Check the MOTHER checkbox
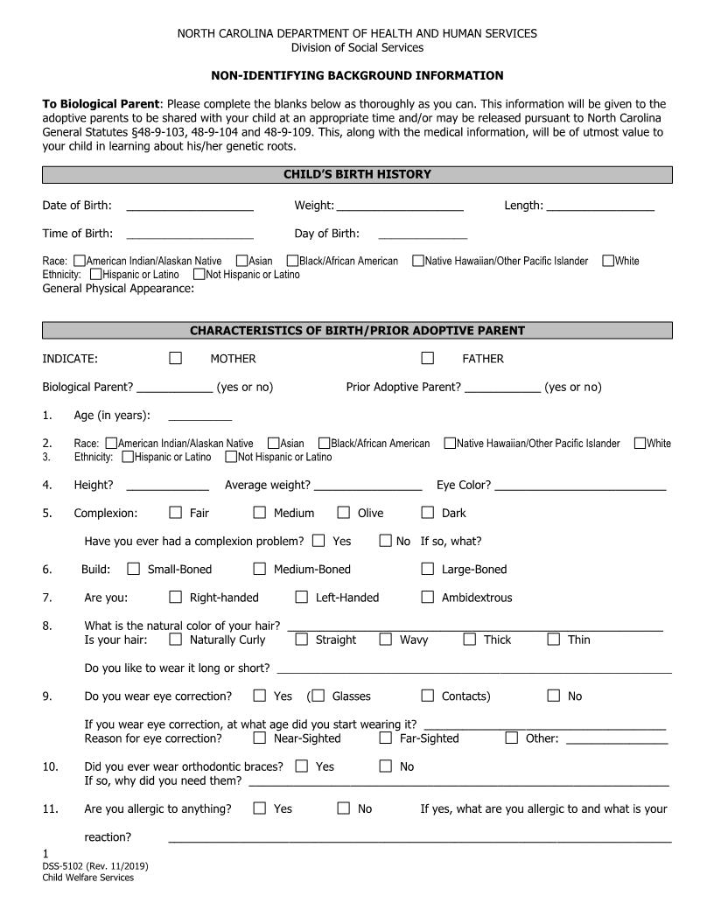click(x=176, y=358)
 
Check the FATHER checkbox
click(x=428, y=358)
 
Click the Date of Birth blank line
click(x=190, y=209)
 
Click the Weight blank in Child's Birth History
click(x=400, y=209)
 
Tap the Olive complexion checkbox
click(x=344, y=513)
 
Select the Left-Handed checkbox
click(x=302, y=597)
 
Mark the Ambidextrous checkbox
click(x=428, y=597)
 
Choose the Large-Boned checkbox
click(x=428, y=569)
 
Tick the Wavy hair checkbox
click(x=386, y=639)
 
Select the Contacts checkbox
click(x=428, y=696)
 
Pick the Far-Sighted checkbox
click(x=386, y=738)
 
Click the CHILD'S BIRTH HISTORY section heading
click(x=357, y=175)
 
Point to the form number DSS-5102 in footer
click(x=94, y=866)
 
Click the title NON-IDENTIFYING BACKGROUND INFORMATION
click(x=357, y=76)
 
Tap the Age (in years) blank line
click(x=199, y=419)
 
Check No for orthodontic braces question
click(x=386, y=766)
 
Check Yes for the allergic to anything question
click(x=260, y=808)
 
